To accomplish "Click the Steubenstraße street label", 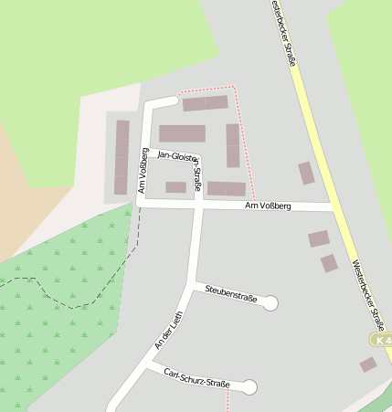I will tap(231, 294).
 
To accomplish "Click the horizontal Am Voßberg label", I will tap(268, 206).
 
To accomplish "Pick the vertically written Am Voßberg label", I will tap(143, 172).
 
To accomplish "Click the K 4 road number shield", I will tap(381, 340).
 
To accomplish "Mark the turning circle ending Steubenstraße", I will tap(270, 303).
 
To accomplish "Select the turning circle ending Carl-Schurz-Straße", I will tap(249, 387).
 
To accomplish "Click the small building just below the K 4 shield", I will tap(368, 364).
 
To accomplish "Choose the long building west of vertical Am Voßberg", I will tap(122, 157).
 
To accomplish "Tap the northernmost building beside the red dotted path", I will tap(206, 103).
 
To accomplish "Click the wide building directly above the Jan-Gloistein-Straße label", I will tap(182, 133).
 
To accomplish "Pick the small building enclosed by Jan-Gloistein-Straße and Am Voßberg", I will tap(175, 187).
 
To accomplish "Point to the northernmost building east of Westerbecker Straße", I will tap(306, 173).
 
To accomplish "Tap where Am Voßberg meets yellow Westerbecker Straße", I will tap(335, 207).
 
